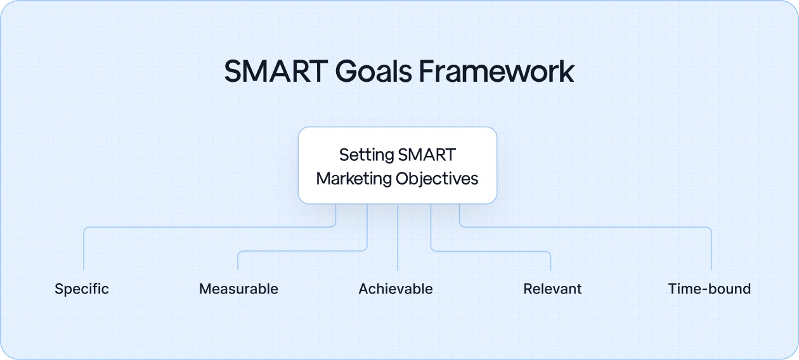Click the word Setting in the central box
point(366,155)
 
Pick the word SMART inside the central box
point(427,155)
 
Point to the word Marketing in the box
point(354,179)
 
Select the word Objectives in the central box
point(437,179)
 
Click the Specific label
point(82,289)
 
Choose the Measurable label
point(238,289)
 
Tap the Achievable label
point(396,289)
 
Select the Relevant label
point(552,289)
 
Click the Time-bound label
point(709,289)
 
